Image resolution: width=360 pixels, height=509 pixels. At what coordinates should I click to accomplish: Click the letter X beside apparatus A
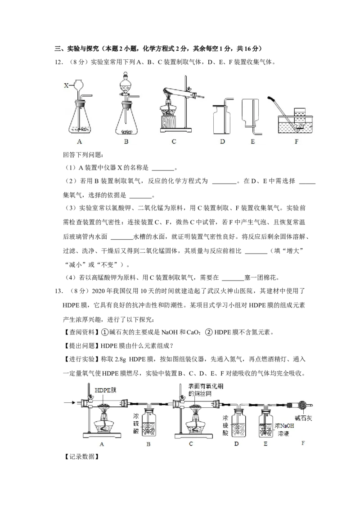66,85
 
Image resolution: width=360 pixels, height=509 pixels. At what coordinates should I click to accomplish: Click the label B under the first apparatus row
126,142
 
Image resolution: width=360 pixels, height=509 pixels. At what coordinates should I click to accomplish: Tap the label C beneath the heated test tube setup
174,142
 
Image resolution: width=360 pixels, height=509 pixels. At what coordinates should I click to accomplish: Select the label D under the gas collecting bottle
222,142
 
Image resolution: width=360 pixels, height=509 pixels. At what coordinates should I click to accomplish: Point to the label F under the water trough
296,142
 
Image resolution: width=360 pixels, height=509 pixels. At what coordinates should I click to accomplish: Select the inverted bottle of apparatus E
251,113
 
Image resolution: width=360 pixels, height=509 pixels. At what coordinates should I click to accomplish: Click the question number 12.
58,62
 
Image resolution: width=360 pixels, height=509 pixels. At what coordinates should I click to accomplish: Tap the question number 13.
58,291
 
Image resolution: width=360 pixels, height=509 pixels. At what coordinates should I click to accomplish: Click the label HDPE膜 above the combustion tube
105,390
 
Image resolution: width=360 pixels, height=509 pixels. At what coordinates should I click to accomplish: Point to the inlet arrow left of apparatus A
70,403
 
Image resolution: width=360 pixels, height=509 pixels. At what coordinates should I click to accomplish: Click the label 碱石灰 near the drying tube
303,418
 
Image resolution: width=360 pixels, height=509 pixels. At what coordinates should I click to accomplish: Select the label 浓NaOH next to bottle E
284,425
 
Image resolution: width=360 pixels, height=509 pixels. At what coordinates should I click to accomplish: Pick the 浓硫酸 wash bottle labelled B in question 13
148,422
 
